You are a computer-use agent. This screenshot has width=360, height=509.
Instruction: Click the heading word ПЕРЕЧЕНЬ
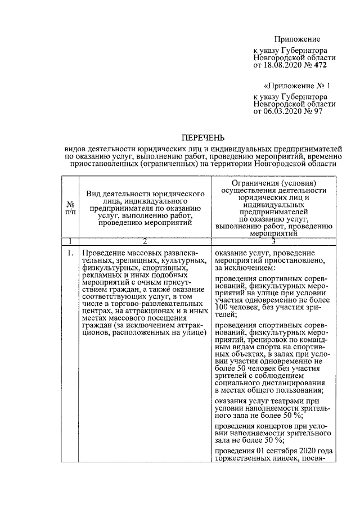(202, 137)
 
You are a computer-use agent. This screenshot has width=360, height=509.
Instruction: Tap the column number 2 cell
(145, 241)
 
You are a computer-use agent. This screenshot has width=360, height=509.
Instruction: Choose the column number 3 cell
(273, 241)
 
